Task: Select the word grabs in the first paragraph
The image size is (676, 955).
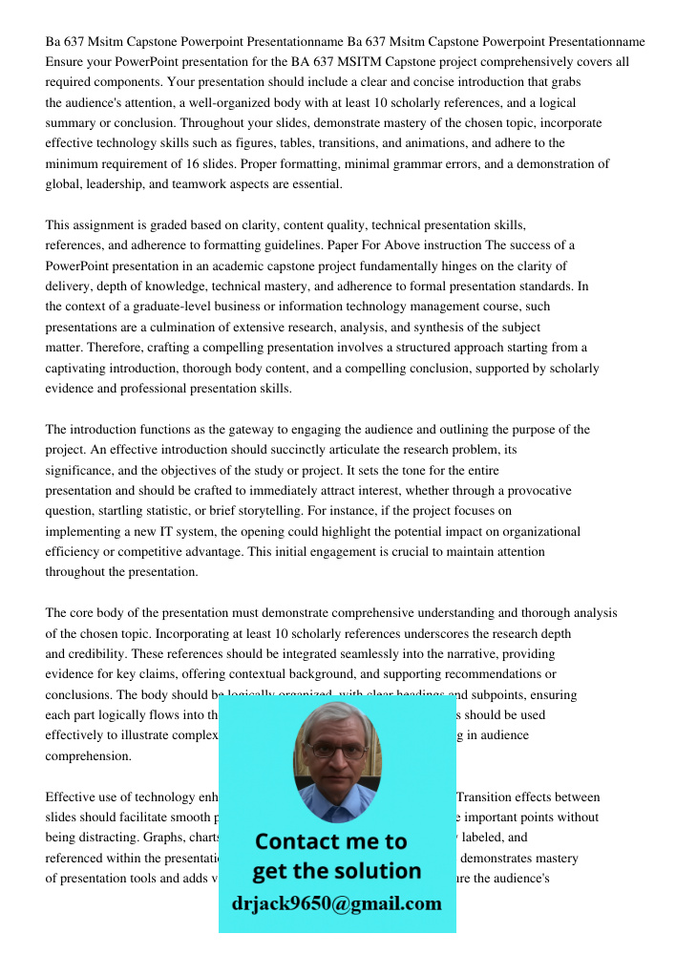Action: click(x=563, y=82)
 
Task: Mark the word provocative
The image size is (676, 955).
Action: click(x=535, y=490)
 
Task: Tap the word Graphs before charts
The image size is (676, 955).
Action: click(x=142, y=837)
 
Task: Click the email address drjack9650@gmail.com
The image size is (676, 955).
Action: click(x=337, y=903)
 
